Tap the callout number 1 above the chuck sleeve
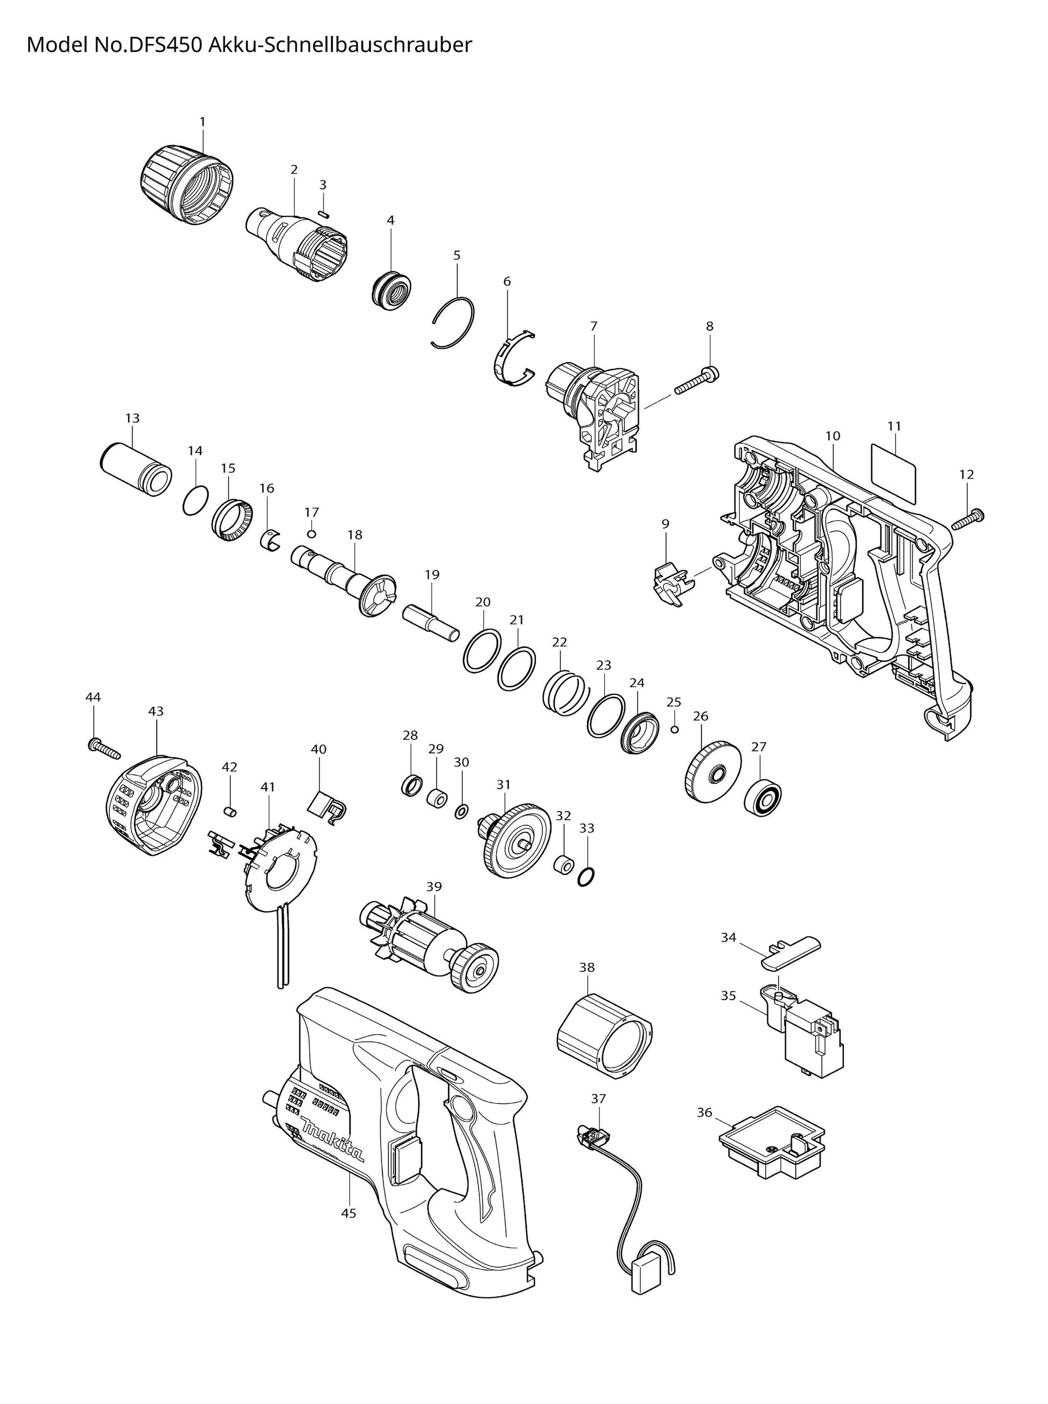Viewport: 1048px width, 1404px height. coord(202,121)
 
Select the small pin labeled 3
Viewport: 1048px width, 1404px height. coord(323,214)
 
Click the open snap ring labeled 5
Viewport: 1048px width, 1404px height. coord(452,322)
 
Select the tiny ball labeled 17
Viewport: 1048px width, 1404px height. coord(311,532)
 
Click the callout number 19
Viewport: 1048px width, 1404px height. coord(432,575)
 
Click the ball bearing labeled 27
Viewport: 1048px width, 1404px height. coord(763,798)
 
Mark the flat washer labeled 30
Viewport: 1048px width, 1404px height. coord(462,811)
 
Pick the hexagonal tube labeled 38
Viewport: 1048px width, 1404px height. coord(604,1036)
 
